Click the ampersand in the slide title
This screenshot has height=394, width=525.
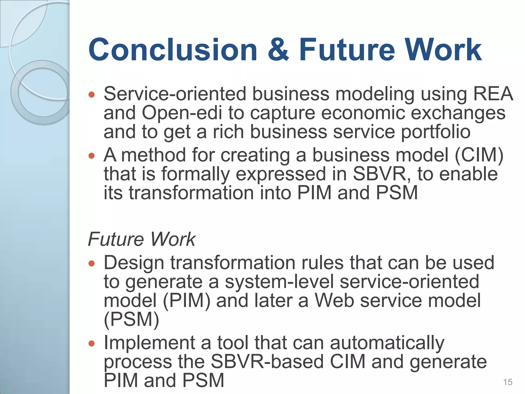278,50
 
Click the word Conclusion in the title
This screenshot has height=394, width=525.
173,50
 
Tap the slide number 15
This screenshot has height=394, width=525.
508,382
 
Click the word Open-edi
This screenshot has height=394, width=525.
182,113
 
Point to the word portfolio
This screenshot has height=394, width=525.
436,132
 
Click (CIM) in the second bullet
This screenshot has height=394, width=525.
479,155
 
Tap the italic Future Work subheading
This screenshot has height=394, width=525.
142,239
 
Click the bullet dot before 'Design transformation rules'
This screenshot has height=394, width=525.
92,263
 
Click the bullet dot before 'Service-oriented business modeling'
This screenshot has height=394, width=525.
92,95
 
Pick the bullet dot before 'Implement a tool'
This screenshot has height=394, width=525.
92,343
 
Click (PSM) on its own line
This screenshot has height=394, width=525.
131,319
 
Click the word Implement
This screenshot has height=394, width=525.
149,343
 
